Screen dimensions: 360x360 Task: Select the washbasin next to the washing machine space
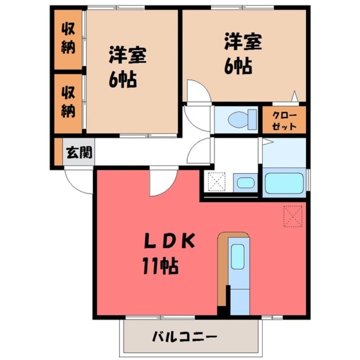246,183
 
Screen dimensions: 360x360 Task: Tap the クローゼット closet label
284,120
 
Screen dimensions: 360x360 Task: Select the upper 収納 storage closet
68,39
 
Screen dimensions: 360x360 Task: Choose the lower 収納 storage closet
68,103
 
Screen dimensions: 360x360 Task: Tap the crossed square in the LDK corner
293,216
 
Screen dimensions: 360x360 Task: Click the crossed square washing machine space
216,182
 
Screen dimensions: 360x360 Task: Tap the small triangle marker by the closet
294,96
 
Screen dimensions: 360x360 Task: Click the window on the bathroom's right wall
309,182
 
